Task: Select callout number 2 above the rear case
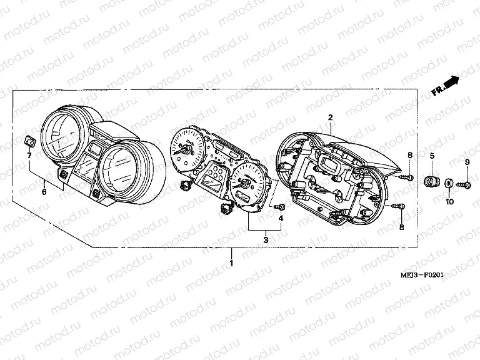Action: click(x=330, y=117)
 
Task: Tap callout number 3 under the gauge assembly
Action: click(x=265, y=240)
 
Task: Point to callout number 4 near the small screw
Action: click(x=281, y=218)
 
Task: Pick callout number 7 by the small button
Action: click(x=29, y=154)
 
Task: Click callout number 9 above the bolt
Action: click(x=467, y=163)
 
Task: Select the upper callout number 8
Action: click(x=410, y=154)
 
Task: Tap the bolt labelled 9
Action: click(x=464, y=183)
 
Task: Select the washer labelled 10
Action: click(x=448, y=182)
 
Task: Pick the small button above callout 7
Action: click(x=29, y=139)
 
